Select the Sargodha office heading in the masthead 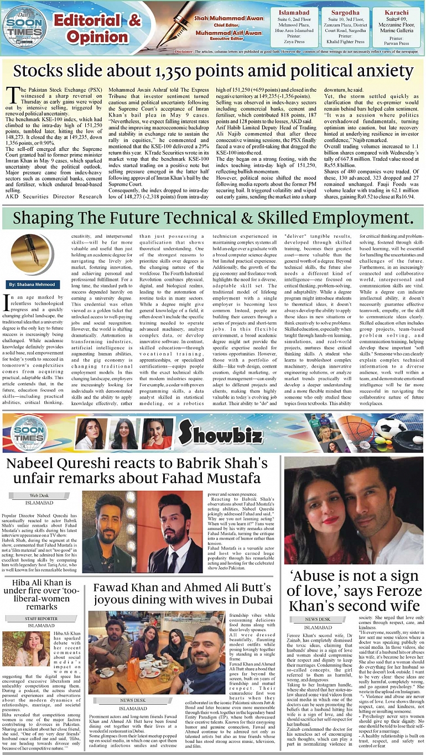(345, 12)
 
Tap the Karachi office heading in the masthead (396, 12)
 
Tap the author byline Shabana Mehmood (34, 284)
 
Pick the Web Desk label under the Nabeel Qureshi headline (39, 496)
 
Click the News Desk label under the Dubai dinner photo (133, 700)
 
